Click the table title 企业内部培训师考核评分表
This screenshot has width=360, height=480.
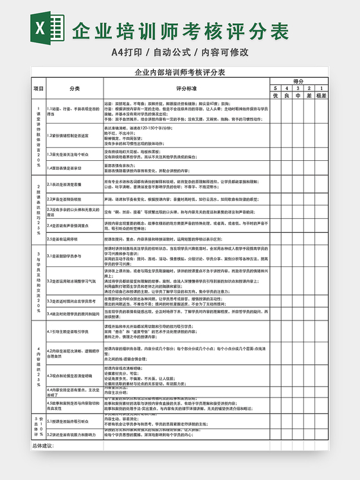click(180, 73)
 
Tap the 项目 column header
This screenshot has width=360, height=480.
click(39, 88)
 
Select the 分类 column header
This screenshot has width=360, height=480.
click(75, 88)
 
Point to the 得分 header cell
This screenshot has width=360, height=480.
click(298, 81)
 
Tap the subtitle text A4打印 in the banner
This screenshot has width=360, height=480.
click(129, 51)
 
